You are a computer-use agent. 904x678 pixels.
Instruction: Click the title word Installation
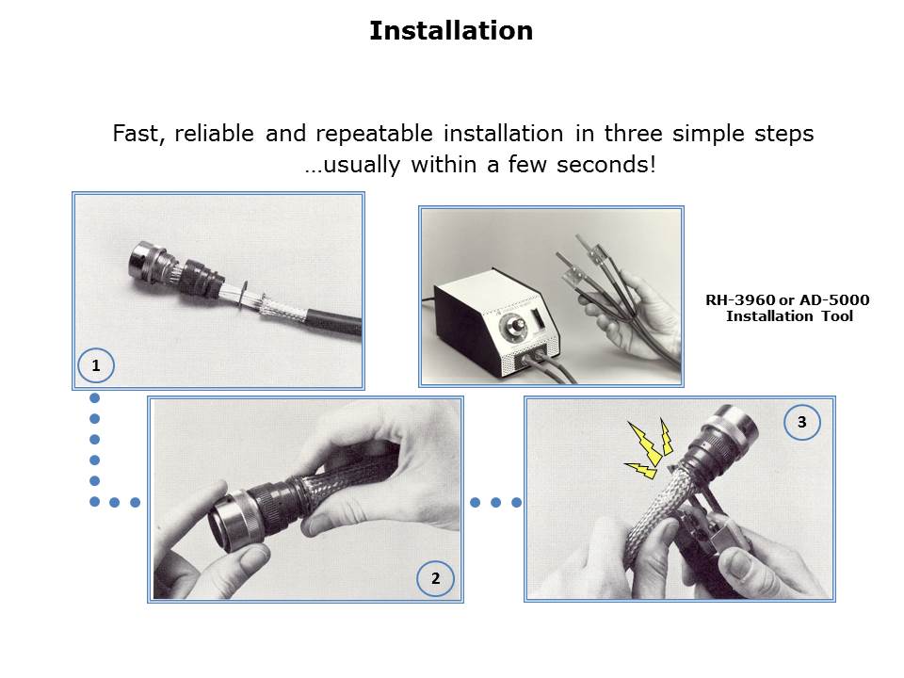[x=451, y=30]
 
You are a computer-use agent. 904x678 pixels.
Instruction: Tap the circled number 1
[x=96, y=365]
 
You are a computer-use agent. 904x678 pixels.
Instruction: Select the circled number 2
[x=435, y=578]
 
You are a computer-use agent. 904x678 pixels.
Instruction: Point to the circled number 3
[x=802, y=422]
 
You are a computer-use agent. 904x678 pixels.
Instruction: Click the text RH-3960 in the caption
[x=740, y=299]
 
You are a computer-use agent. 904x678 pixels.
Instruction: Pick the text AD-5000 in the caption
[x=834, y=299]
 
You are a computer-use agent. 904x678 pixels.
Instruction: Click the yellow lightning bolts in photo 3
[x=650, y=448]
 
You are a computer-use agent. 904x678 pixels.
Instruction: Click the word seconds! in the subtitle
[x=605, y=165]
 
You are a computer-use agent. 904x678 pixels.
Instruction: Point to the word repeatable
[x=374, y=134]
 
